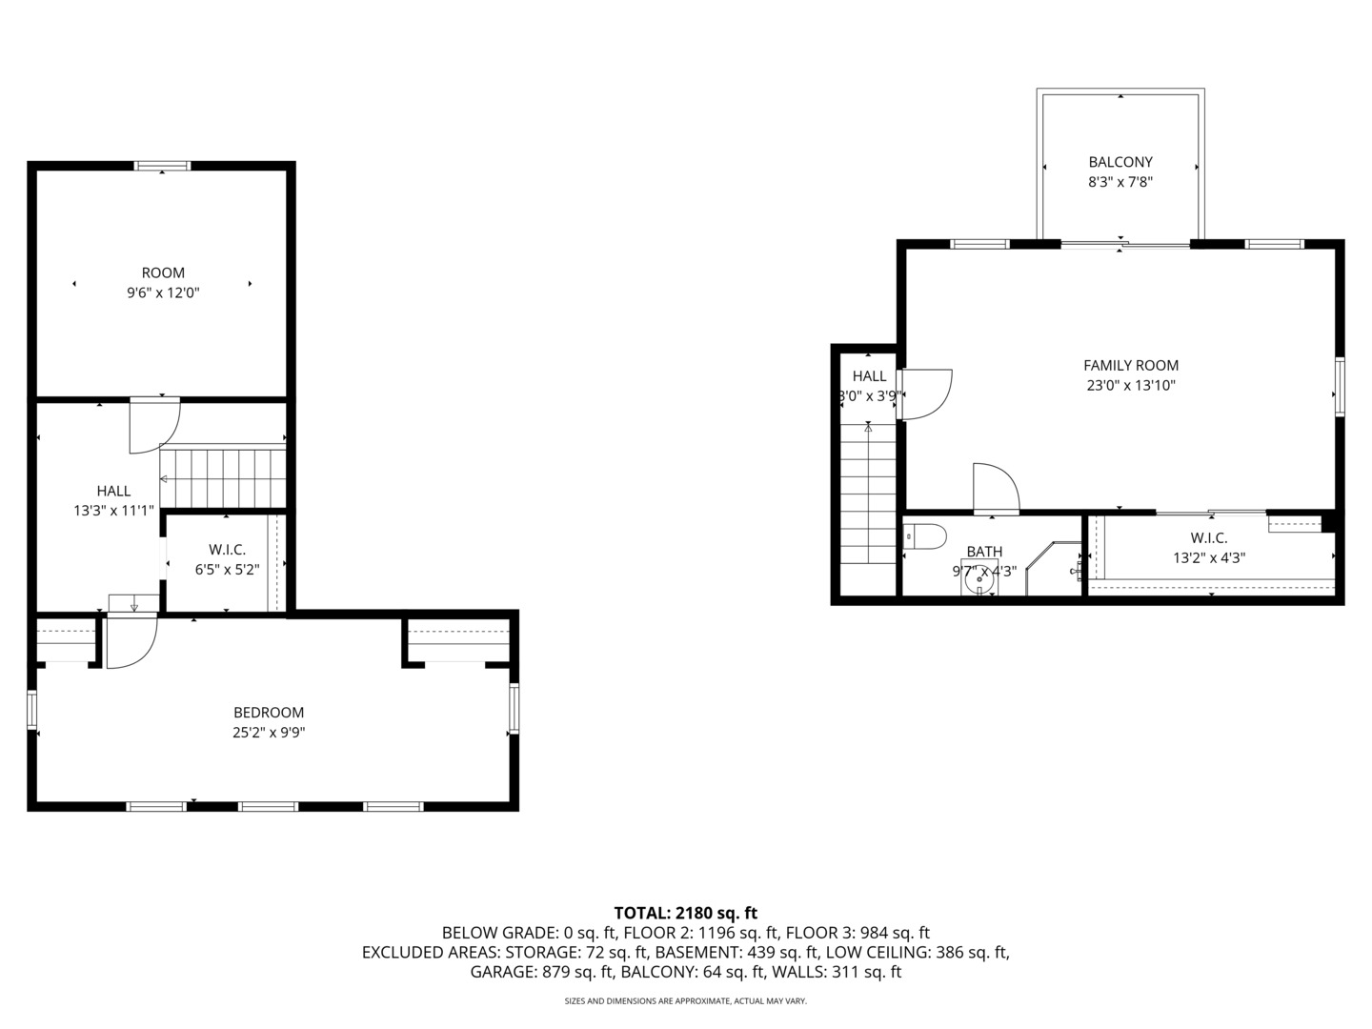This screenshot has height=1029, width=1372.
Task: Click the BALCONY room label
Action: [1120, 162]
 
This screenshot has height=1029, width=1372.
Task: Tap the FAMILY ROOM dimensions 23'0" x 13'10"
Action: [1131, 386]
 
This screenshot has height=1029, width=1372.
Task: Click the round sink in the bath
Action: [979, 577]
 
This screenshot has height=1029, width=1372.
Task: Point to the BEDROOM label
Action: [269, 713]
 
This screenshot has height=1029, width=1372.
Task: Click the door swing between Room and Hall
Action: [154, 425]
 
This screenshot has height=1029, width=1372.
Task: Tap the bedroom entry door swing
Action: [131, 641]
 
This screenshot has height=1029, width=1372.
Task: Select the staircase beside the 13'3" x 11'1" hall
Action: [223, 478]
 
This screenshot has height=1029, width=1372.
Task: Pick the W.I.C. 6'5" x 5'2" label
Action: [228, 550]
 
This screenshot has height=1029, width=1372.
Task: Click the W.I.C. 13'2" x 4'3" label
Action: [1209, 538]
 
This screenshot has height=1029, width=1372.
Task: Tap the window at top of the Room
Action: [162, 166]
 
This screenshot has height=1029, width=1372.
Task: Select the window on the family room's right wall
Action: [1339, 386]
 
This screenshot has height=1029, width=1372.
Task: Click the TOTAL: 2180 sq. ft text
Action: [685, 913]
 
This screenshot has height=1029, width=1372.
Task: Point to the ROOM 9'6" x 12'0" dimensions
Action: [163, 293]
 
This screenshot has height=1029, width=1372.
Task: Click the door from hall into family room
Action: [922, 393]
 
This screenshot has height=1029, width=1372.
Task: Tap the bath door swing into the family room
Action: [996, 488]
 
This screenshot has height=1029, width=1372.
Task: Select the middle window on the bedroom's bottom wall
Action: [268, 807]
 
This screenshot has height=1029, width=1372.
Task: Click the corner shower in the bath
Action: [1054, 570]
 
